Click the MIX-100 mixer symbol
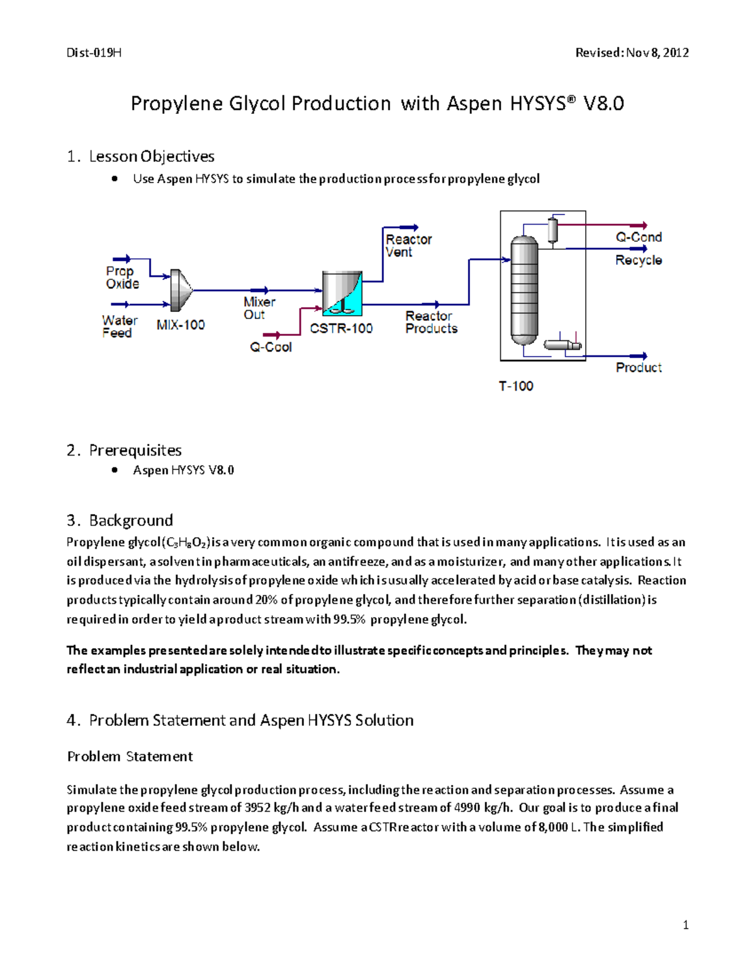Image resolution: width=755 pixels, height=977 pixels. [x=181, y=290]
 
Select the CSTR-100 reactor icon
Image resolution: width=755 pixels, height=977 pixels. [x=342, y=293]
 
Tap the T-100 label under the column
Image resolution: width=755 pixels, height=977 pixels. [x=516, y=386]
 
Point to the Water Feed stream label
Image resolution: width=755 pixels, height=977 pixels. [x=120, y=327]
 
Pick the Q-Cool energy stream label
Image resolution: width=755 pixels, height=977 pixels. [x=271, y=347]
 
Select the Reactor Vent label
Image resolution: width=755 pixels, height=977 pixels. [x=408, y=246]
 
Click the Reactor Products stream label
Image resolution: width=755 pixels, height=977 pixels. [x=431, y=322]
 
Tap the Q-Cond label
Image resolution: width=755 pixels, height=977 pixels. [x=638, y=237]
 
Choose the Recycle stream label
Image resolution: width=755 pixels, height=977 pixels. [x=638, y=260]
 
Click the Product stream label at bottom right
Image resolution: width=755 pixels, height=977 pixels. [x=638, y=367]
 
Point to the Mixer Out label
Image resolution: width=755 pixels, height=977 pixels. [x=259, y=308]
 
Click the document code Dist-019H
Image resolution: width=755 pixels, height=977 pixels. [x=94, y=53]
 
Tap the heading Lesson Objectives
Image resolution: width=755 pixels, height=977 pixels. [x=152, y=156]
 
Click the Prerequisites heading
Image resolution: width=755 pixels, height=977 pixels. [x=135, y=450]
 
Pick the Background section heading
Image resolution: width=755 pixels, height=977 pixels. [x=131, y=520]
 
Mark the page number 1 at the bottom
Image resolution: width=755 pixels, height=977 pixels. [x=685, y=925]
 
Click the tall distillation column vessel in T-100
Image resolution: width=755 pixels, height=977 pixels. [x=524, y=290]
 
